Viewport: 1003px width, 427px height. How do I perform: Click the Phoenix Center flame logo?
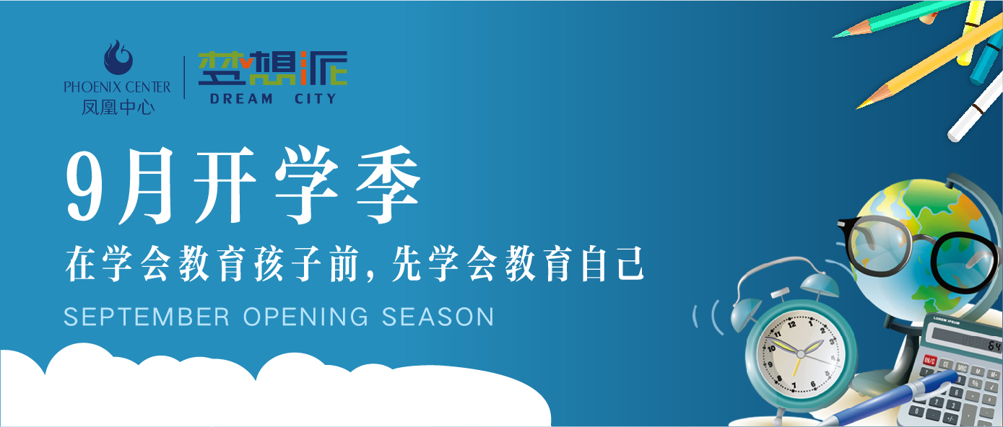[118, 57]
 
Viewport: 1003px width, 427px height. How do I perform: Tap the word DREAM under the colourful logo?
[241, 99]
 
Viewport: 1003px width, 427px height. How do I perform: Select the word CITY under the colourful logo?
[316, 99]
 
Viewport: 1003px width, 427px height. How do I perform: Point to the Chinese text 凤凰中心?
[118, 107]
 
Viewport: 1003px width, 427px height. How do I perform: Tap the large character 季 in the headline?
[388, 185]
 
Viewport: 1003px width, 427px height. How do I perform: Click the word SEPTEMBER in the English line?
[147, 317]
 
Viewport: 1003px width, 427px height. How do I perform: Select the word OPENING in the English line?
[306, 317]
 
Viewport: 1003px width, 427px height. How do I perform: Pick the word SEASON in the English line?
[438, 317]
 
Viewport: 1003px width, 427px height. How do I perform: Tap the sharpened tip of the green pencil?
[835, 35]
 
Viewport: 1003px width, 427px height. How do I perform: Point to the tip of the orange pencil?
[859, 107]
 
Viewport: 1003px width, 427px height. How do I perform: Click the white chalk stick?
[976, 109]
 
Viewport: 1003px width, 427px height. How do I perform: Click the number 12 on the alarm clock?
[791, 324]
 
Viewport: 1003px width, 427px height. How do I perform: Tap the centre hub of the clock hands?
[801, 353]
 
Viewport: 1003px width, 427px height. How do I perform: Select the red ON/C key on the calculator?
[930, 360]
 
